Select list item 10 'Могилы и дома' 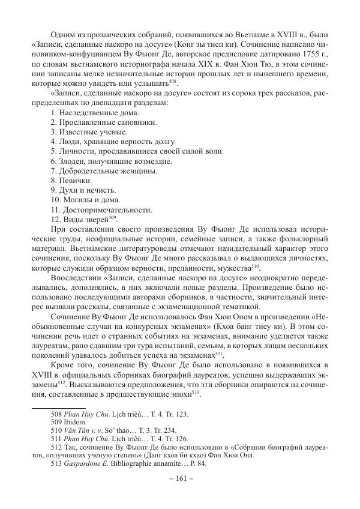tap(85, 199)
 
